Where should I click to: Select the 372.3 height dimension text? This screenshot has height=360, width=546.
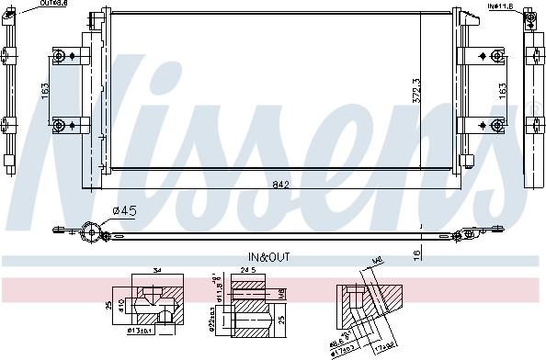(x=416, y=90)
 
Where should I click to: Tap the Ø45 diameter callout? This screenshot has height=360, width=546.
(x=124, y=211)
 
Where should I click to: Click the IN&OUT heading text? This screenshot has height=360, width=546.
(x=269, y=257)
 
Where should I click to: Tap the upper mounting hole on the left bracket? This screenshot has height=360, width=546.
(x=61, y=57)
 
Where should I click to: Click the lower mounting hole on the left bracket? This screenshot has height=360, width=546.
(x=61, y=124)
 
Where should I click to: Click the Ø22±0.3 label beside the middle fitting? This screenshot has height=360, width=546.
(x=212, y=323)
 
